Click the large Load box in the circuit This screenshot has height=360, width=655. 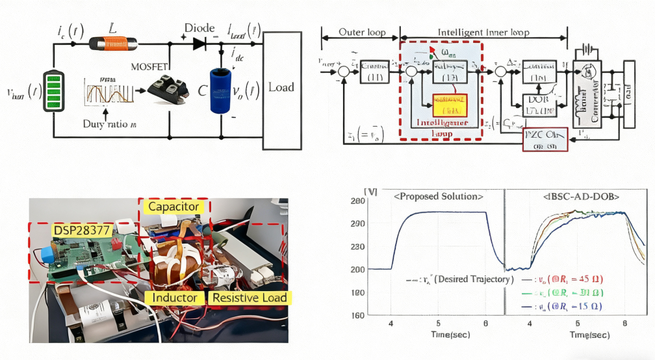tap(281, 87)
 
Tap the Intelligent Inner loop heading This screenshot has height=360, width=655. tap(483, 32)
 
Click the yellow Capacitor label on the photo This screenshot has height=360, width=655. tap(173, 207)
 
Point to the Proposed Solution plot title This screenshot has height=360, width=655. tap(439, 196)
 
